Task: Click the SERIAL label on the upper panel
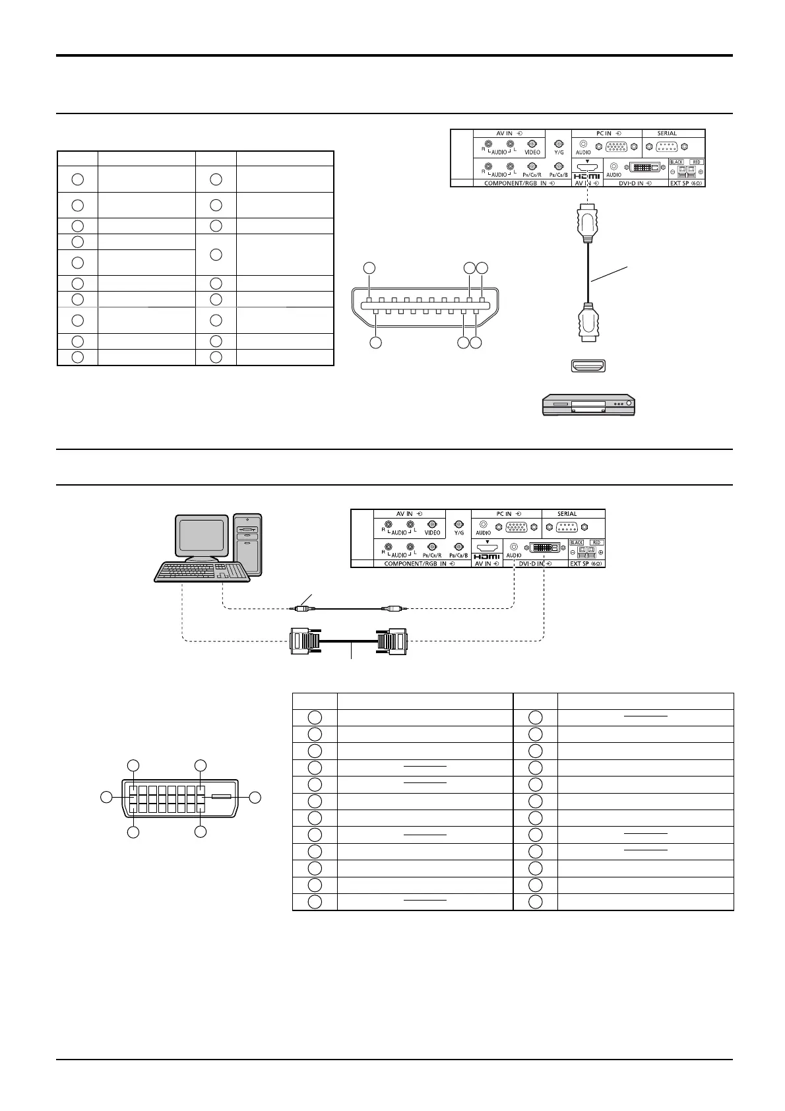point(667,133)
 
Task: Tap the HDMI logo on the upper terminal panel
point(587,176)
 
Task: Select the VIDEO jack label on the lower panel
point(433,532)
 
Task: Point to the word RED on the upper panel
point(697,162)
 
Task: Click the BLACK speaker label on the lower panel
point(577,542)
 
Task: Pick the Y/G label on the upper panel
point(559,152)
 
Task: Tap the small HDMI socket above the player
point(587,365)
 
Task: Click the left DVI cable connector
point(305,641)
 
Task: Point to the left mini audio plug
point(303,608)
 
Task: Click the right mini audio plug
point(394,608)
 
